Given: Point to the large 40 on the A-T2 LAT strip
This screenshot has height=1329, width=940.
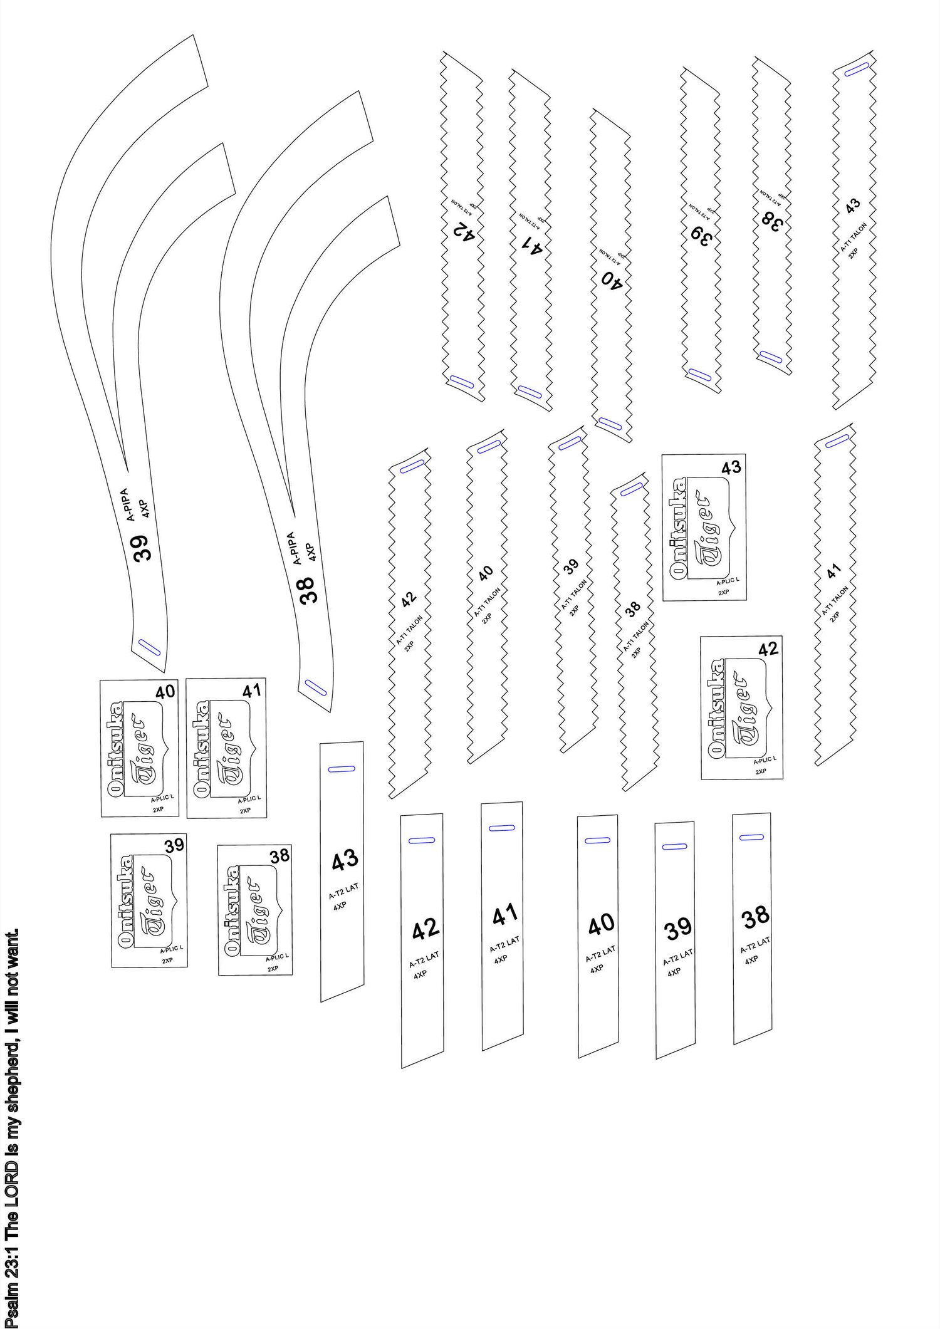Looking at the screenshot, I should [x=602, y=924].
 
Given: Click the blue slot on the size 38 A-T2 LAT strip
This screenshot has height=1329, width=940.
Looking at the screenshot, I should [x=751, y=836].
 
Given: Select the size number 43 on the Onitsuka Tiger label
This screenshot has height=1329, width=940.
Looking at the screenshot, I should [x=731, y=467].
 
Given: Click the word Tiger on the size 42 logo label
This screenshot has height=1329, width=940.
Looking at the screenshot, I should [x=745, y=707].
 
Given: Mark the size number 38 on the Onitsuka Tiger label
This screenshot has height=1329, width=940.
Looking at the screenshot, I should [x=279, y=856].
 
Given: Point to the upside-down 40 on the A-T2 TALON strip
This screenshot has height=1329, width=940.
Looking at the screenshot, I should [x=612, y=276].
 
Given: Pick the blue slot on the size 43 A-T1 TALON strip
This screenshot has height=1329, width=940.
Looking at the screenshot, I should [x=856, y=70].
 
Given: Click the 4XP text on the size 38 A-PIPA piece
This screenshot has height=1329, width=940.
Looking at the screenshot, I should [x=311, y=553].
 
